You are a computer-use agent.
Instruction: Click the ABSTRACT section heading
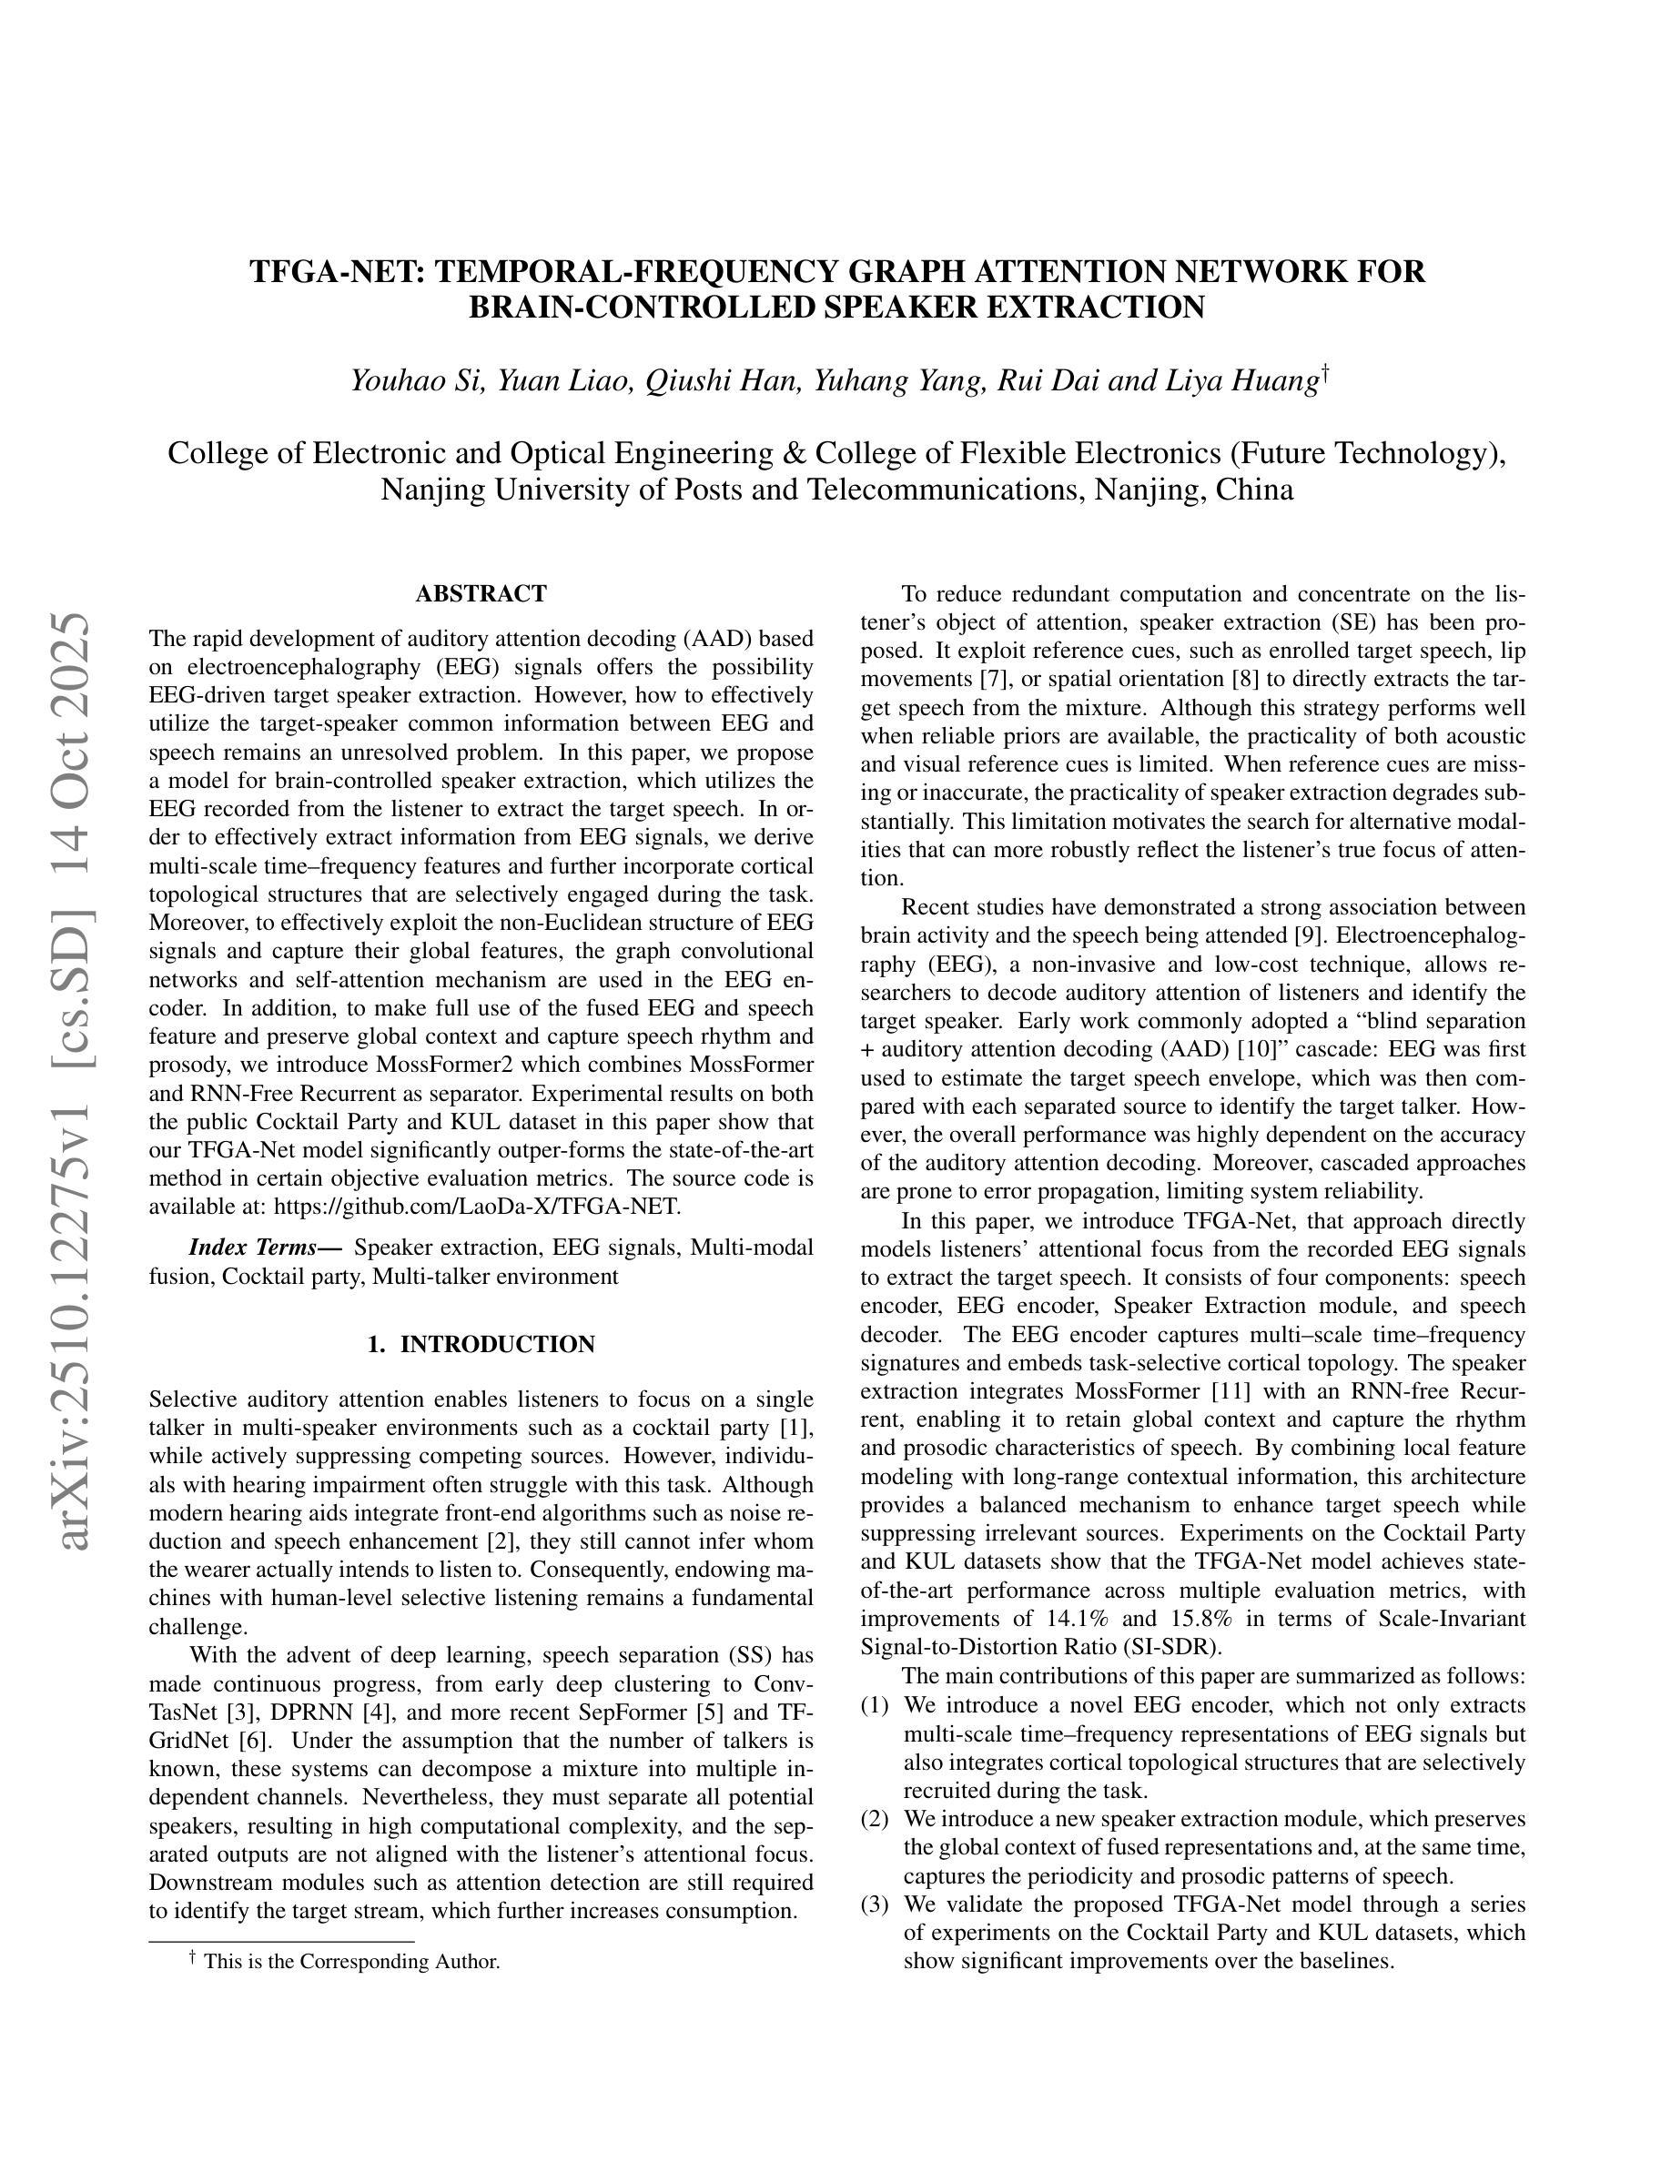(x=481, y=594)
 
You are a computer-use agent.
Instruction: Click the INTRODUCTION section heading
(x=481, y=1344)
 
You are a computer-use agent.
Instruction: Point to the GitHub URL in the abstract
(x=476, y=1207)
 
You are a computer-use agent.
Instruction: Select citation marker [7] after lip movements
(x=994, y=679)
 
